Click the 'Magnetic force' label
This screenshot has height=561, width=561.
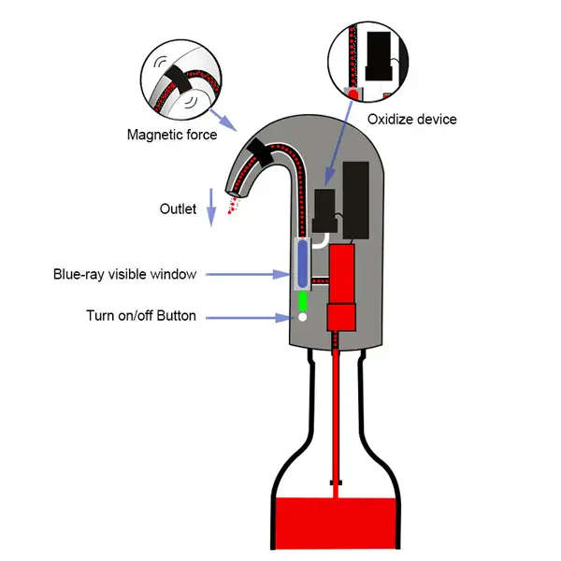[x=172, y=135]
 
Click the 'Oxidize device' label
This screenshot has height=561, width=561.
[x=412, y=119]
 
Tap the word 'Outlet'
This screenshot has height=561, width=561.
[x=178, y=209]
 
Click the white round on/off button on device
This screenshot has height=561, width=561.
[x=302, y=318]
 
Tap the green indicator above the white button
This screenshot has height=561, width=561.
[x=302, y=303]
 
